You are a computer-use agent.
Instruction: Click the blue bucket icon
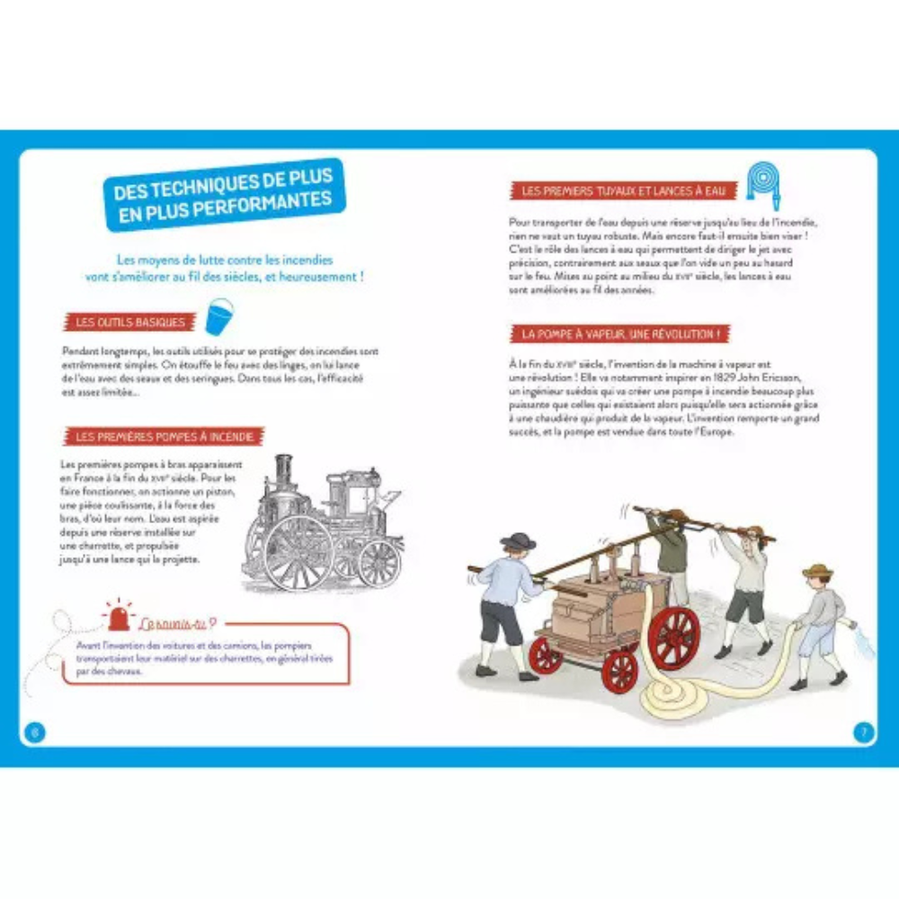219,317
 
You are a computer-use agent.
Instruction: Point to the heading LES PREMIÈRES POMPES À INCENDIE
164,437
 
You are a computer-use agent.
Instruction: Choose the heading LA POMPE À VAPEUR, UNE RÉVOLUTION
617,334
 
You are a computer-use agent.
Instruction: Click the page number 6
34,731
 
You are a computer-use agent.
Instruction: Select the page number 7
863,731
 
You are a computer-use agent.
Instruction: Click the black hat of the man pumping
518,540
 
